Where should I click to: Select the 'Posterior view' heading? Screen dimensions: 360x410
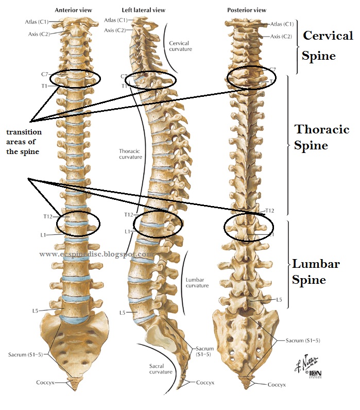246,10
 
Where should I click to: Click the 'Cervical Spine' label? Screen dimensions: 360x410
328,45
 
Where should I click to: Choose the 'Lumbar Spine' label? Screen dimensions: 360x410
316,272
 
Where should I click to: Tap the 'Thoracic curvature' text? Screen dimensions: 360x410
130,154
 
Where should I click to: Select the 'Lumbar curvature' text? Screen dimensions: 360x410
197,282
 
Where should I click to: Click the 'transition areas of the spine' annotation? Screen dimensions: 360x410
24,142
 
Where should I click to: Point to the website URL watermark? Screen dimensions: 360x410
96,254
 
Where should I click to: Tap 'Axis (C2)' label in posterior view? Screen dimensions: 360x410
282,37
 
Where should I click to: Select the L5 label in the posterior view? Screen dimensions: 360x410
279,299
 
